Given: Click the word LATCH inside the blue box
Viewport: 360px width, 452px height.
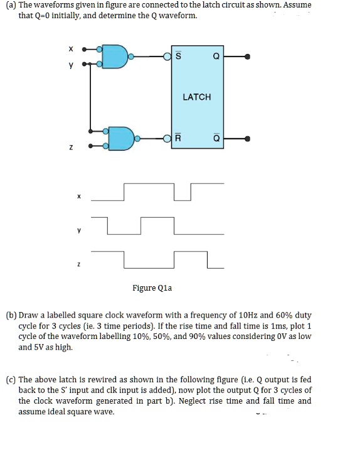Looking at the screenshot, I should click(x=197, y=97).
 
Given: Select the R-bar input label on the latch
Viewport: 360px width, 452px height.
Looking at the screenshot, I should click(x=179, y=138).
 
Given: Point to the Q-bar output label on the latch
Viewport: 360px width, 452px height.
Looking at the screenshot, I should click(x=216, y=138).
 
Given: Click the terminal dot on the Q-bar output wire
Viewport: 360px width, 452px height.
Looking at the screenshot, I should click(x=248, y=138).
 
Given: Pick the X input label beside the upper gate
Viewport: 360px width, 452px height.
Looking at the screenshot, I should click(x=71, y=48).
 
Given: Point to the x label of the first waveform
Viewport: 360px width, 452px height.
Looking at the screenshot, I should click(x=79, y=196).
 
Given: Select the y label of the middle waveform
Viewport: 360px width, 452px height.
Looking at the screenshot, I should click(x=79, y=230).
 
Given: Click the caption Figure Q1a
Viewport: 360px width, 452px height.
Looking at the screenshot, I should click(x=152, y=288).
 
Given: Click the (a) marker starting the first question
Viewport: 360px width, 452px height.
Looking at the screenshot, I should click(x=11, y=5).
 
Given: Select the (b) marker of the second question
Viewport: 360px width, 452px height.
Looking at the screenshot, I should click(x=11, y=315).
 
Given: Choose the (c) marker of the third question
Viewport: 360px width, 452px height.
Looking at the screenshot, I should click(x=11, y=380).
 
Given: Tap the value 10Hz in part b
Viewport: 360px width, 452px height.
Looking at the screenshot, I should click(x=245, y=315).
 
